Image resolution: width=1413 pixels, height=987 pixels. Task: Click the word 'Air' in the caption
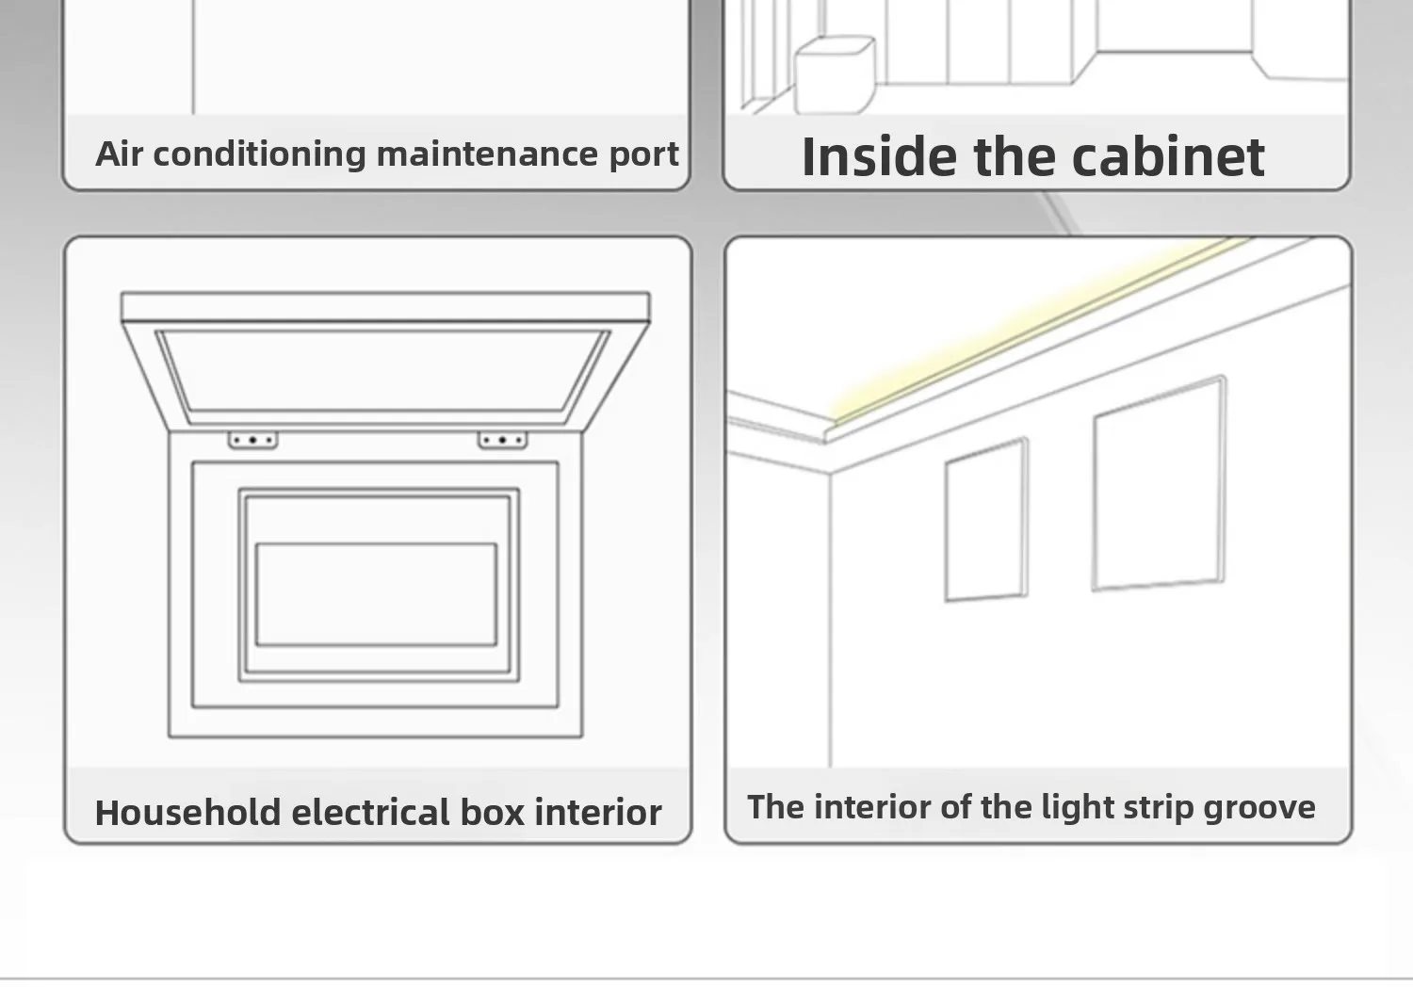(x=119, y=154)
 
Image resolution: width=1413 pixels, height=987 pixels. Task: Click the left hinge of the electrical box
(x=252, y=440)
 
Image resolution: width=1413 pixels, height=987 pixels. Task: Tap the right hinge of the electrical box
(x=502, y=440)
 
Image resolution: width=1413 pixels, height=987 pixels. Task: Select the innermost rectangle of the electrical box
(x=376, y=594)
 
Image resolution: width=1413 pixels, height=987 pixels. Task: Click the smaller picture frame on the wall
(x=985, y=521)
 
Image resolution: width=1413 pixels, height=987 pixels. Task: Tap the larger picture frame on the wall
(x=1159, y=484)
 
